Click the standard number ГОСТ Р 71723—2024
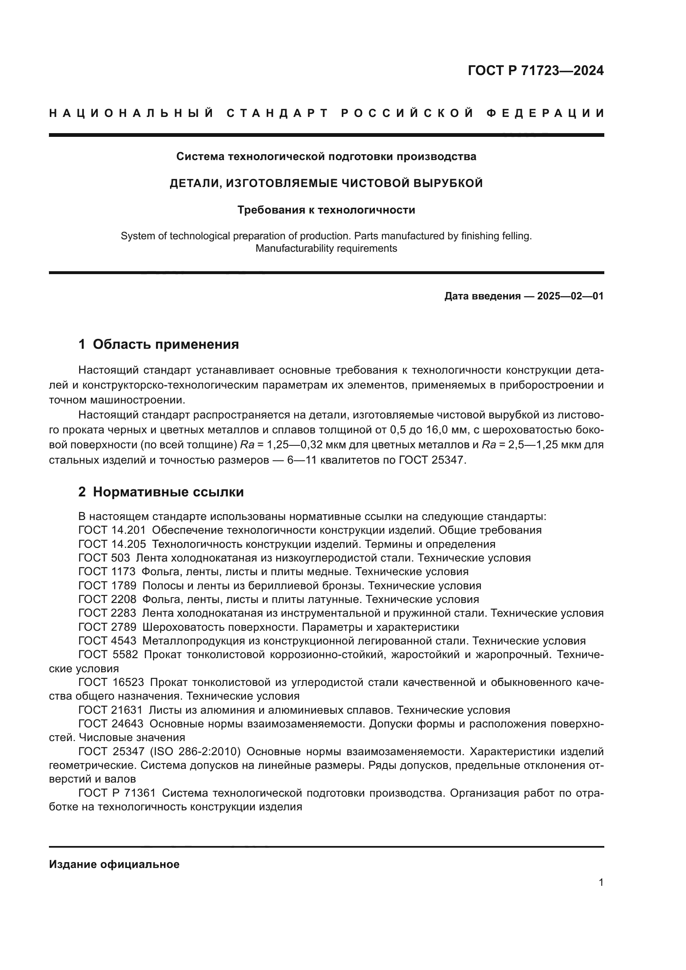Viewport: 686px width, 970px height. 535,71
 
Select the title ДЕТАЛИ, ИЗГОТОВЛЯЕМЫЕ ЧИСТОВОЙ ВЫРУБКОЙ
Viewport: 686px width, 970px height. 326,183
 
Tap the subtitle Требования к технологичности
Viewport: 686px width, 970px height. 326,210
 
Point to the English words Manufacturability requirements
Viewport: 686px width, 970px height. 326,248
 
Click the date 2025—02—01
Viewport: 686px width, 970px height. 570,296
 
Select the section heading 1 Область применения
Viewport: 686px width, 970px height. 159,344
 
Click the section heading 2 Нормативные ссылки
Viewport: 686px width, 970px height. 161,492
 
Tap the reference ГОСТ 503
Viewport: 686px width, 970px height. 104,558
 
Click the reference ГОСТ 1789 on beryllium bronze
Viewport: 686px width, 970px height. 107,586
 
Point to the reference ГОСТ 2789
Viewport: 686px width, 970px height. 107,627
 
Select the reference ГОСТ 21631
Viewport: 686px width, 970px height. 111,710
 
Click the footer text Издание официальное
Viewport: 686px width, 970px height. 114,864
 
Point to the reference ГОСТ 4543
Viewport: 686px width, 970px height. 107,641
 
